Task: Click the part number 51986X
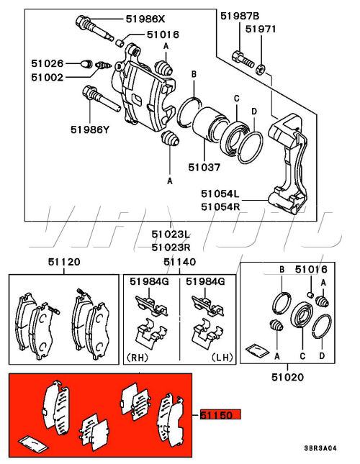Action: [145, 19]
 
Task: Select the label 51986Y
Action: [90, 129]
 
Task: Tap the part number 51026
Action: [48, 63]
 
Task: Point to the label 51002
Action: [48, 78]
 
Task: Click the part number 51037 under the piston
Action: [204, 168]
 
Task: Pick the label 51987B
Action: [240, 16]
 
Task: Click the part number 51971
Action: [261, 29]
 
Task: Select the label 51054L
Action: [220, 194]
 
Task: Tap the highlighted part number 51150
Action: [220, 414]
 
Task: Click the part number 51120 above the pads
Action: [64, 262]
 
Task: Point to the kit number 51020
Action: [288, 377]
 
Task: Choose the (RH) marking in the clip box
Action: [137, 358]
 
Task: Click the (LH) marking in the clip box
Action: [222, 358]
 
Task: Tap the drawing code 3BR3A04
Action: [320, 448]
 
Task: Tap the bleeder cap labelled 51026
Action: [86, 63]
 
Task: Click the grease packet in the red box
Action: [32, 444]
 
